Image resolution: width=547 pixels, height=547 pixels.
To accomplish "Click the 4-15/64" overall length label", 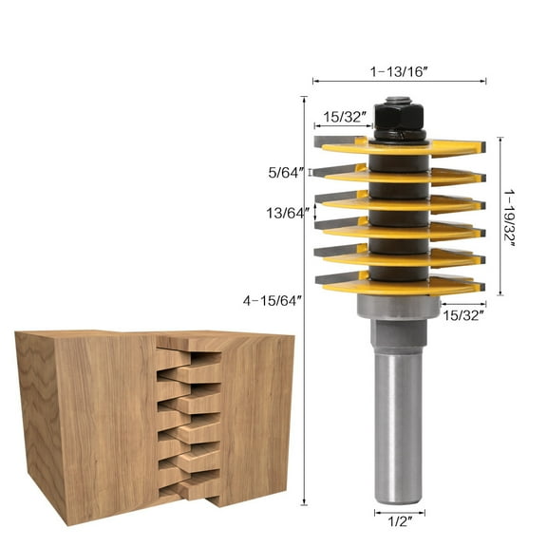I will [x=272, y=301].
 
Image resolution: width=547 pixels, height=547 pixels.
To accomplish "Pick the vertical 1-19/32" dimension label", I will [x=512, y=217].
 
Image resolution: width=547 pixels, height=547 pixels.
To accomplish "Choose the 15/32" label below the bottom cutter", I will [x=462, y=313].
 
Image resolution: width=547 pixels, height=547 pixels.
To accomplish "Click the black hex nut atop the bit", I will [x=398, y=120].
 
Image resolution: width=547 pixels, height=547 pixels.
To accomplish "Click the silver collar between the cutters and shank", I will [x=398, y=307].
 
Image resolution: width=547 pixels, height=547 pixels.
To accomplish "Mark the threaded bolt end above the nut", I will [x=398, y=100].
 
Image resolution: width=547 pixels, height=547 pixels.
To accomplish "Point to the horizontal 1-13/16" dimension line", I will [x=399, y=82].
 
